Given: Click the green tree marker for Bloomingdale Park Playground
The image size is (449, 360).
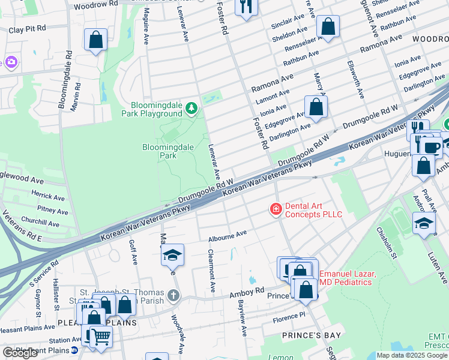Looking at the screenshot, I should [191, 108].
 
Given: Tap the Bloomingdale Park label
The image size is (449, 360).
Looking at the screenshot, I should [159, 151].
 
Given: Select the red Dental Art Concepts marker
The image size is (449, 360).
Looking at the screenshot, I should [276, 209].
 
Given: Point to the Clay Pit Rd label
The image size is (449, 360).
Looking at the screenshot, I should [27, 28].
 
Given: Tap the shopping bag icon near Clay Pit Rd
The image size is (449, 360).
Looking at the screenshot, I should [96, 40].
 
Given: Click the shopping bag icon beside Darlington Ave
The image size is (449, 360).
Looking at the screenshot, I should [316, 107].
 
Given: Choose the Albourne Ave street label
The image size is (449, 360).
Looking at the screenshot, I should [228, 236].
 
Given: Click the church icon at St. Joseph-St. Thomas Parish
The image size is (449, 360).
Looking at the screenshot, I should [173, 295].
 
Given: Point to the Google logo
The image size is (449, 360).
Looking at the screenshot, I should [20, 353].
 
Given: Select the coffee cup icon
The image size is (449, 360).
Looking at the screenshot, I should [432, 147].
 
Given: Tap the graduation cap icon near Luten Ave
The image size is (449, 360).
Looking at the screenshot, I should [424, 223].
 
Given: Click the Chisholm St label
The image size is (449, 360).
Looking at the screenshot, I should [386, 243].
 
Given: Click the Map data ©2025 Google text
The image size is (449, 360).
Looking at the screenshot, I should [412, 355].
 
